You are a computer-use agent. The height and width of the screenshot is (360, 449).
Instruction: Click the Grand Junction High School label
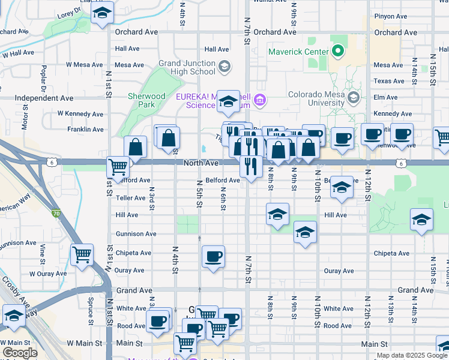(187, 67)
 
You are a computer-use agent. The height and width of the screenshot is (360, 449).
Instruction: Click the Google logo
(20, 353)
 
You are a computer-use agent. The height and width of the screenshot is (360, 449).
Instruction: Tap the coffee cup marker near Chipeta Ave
(213, 257)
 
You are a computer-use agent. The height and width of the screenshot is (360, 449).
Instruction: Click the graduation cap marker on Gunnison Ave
(305, 232)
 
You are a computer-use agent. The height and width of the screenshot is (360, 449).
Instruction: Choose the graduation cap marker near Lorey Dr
(103, 12)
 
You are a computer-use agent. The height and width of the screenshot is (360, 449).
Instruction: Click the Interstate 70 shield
(56, 212)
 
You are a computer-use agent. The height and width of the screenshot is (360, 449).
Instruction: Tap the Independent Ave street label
(44, 98)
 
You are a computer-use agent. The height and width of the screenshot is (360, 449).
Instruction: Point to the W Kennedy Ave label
(80, 113)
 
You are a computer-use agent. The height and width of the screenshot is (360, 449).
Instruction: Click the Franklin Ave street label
(85, 129)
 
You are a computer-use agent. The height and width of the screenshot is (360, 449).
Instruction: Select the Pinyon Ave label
(391, 17)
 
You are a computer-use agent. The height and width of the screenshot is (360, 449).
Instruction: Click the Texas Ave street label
(389, 81)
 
